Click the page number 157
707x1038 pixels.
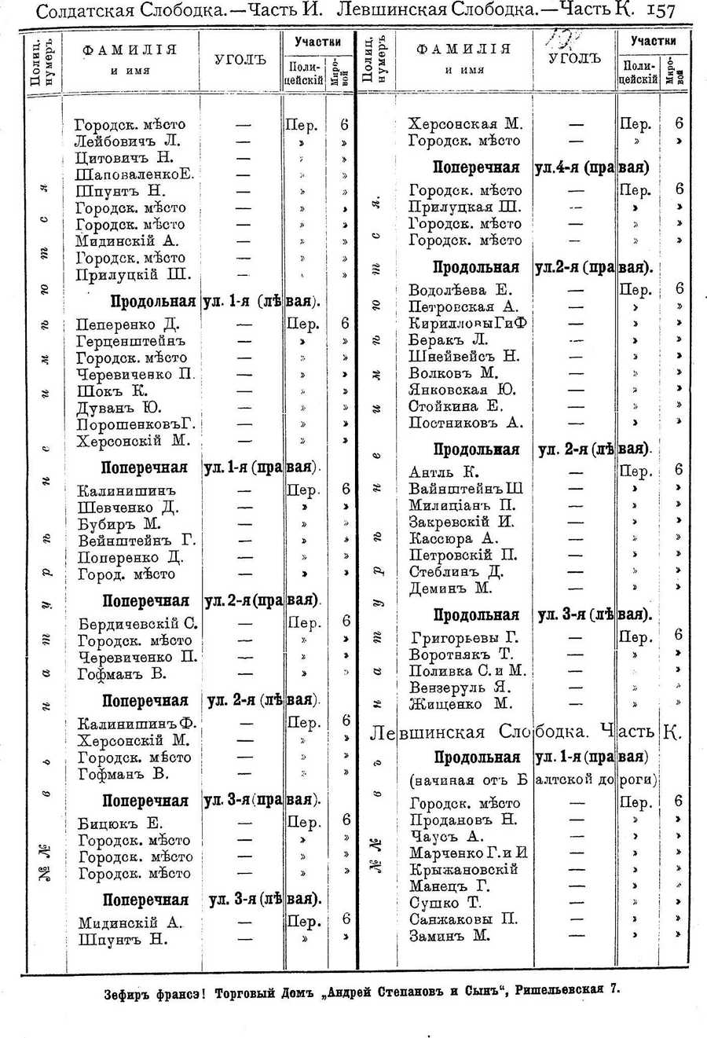tap(660, 11)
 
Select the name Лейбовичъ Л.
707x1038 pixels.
tap(127, 141)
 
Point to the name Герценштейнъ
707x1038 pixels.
tap(130, 341)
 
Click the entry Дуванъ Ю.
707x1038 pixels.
tap(119, 407)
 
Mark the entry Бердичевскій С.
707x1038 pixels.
tap(137, 624)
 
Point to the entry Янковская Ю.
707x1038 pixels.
tap(461, 390)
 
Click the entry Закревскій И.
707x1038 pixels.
tap(461, 522)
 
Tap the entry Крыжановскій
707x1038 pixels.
tap(463, 870)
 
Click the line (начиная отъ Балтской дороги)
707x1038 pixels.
tap(533, 780)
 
